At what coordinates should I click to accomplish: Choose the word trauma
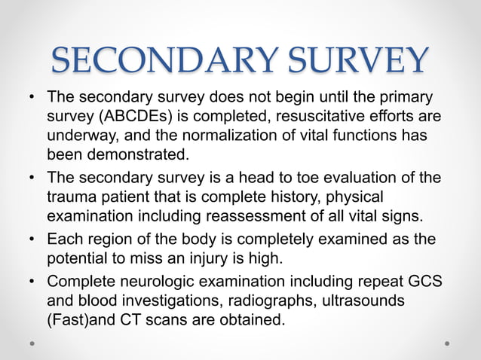coord(73,196)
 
